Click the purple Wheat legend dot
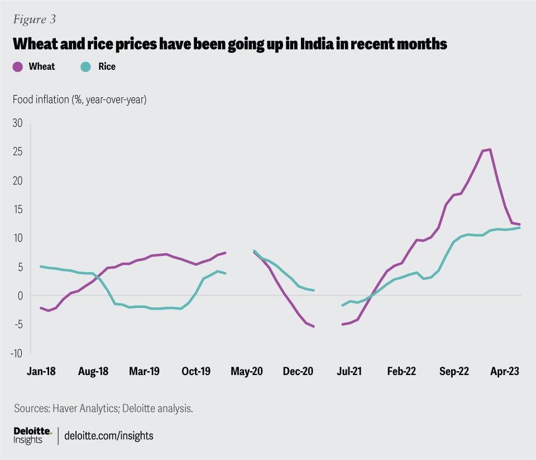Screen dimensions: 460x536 point(17,67)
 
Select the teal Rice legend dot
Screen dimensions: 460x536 point(85,67)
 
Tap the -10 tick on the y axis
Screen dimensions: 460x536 point(18,353)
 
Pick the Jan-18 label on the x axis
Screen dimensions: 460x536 point(42,371)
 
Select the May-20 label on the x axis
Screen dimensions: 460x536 point(246,371)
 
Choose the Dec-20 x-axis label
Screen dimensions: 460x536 point(298,371)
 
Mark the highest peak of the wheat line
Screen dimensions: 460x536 point(490,149)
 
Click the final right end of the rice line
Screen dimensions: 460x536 point(520,227)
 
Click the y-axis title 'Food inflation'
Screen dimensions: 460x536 point(79,100)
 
